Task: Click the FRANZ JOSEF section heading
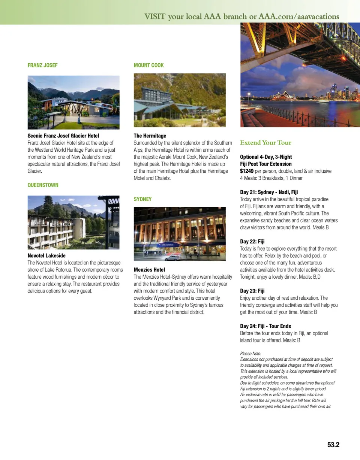[x=43, y=65]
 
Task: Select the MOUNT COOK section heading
[x=149, y=65]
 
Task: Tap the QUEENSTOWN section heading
[x=43, y=185]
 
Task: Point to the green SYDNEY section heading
[x=143, y=199]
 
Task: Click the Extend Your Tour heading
[x=265, y=143]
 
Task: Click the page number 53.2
[x=333, y=445]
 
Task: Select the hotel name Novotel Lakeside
[x=46, y=256]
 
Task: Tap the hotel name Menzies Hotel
[x=149, y=270]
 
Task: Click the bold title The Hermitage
[x=150, y=136]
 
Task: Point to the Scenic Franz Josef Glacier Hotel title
[x=63, y=136]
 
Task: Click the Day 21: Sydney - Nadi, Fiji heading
[x=269, y=192]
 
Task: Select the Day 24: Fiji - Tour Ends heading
[x=265, y=326]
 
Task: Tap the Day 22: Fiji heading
[x=252, y=242]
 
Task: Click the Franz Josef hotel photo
[x=73, y=102]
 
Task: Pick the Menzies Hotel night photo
[x=180, y=234]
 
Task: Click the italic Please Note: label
[x=250, y=353]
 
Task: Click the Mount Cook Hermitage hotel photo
[x=180, y=100]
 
